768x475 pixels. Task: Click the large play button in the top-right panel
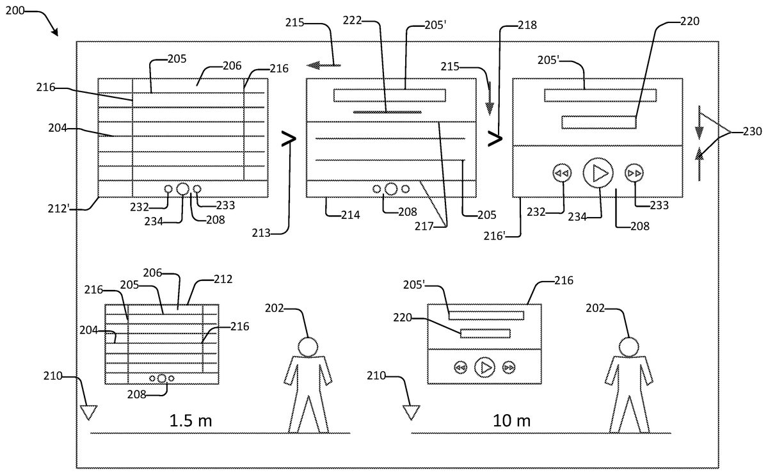pyautogui.click(x=598, y=172)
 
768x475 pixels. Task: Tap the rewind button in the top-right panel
pyautogui.click(x=562, y=173)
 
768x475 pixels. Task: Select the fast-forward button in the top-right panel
pyautogui.click(x=634, y=173)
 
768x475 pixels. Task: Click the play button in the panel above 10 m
pyautogui.click(x=484, y=367)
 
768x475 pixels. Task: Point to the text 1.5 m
pyautogui.click(x=190, y=421)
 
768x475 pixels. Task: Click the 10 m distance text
pyautogui.click(x=512, y=421)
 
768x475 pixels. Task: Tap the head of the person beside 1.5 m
pyautogui.click(x=308, y=346)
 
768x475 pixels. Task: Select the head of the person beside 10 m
pyautogui.click(x=629, y=346)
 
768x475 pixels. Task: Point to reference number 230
pyautogui.click(x=752, y=132)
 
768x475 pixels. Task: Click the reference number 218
pyautogui.click(x=527, y=26)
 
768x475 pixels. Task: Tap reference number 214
pyautogui.click(x=350, y=214)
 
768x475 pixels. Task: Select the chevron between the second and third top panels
pyautogui.click(x=495, y=138)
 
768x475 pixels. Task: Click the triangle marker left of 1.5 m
pyautogui.click(x=88, y=412)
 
